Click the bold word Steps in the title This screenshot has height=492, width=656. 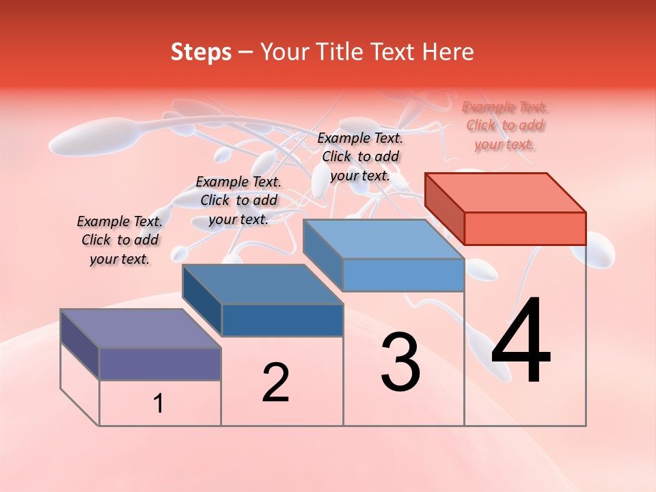point(201,52)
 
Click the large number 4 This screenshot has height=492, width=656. point(521,342)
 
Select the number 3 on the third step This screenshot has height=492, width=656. point(400,362)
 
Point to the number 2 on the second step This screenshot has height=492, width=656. point(276,383)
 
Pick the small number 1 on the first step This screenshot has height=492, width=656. point(158,404)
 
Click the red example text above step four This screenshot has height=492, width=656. point(505,125)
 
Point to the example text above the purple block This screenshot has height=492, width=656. point(120,240)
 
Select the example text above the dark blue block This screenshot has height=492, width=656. point(238,200)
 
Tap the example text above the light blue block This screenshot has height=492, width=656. point(360,156)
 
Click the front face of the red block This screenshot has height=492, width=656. point(525,228)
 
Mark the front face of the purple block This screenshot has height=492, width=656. point(160,364)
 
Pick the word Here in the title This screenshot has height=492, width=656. point(448,52)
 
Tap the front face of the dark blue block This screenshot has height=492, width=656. point(282,320)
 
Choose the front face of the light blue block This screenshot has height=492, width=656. point(403,275)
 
